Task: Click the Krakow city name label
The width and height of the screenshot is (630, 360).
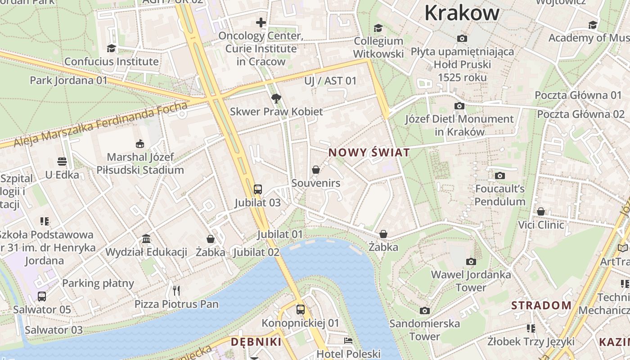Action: pyautogui.click(x=462, y=13)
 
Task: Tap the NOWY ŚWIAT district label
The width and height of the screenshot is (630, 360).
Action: pyautogui.click(x=369, y=153)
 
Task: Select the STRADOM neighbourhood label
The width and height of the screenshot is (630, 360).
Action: pyautogui.click(x=541, y=306)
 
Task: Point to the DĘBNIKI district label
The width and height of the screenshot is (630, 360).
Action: pyautogui.click(x=256, y=342)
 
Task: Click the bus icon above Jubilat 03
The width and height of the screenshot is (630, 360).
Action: pyautogui.click(x=258, y=189)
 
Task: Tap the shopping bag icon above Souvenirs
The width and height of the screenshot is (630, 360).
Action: pyautogui.click(x=316, y=170)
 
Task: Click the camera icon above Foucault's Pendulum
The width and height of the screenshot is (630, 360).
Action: pyautogui.click(x=499, y=175)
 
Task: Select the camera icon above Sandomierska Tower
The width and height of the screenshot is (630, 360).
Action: pyautogui.click(x=424, y=310)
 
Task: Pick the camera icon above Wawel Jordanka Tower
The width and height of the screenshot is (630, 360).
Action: pyautogui.click(x=471, y=261)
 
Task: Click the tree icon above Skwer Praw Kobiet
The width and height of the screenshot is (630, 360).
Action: pyautogui.click(x=276, y=98)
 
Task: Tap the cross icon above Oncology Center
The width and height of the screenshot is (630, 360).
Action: pyautogui.click(x=261, y=22)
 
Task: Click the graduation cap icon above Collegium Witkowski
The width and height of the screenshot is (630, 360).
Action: pyautogui.click(x=378, y=28)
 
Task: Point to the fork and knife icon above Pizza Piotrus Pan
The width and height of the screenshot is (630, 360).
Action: pyautogui.click(x=176, y=291)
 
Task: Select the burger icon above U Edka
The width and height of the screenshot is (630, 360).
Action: pyautogui.click(x=62, y=162)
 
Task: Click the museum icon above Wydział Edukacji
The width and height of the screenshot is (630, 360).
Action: pyautogui.click(x=146, y=238)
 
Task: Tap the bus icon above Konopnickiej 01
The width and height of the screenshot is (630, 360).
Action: pyautogui.click(x=301, y=310)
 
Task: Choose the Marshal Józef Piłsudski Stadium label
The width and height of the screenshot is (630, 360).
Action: pyautogui.click(x=140, y=164)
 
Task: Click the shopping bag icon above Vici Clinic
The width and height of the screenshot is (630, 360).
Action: pyautogui.click(x=541, y=211)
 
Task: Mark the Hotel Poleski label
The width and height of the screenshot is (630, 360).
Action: pyautogui.click(x=348, y=354)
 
